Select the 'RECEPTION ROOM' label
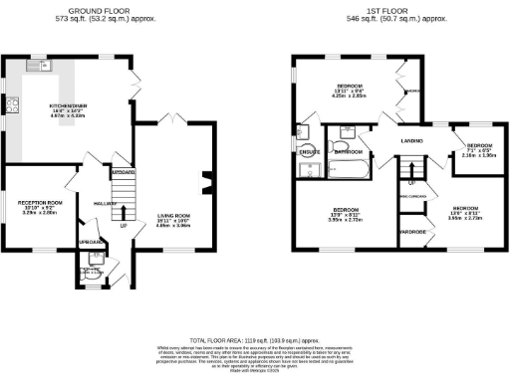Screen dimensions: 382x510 (x=40, y=203)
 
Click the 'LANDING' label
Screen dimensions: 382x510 (x=414, y=142)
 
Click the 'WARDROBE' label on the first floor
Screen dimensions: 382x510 (x=412, y=231)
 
